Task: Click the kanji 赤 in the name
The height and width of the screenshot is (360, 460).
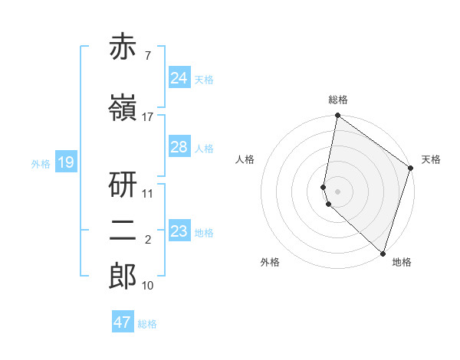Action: point(123,48)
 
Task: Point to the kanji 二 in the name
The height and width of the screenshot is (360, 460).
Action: point(123,232)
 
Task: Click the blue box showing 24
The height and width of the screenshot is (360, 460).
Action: point(179,78)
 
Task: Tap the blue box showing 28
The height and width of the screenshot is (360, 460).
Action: point(179,147)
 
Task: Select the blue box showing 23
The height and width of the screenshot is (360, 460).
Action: point(179,231)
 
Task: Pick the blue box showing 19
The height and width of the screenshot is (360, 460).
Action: point(66,162)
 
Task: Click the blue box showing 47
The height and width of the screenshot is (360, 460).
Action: point(123,322)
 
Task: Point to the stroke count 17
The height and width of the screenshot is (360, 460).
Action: point(148,117)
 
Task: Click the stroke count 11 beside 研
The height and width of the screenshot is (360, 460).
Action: point(148,193)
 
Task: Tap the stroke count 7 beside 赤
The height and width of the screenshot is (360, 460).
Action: point(146,56)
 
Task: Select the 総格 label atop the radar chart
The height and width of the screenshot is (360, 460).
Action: point(338,100)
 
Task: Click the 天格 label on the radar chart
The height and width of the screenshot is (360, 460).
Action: point(431,159)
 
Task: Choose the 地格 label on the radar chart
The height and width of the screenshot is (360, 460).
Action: point(402,263)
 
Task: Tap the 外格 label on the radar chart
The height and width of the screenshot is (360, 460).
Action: point(270,263)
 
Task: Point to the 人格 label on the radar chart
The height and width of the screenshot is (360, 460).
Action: point(245,159)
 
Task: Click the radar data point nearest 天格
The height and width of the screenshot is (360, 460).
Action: point(411,168)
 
